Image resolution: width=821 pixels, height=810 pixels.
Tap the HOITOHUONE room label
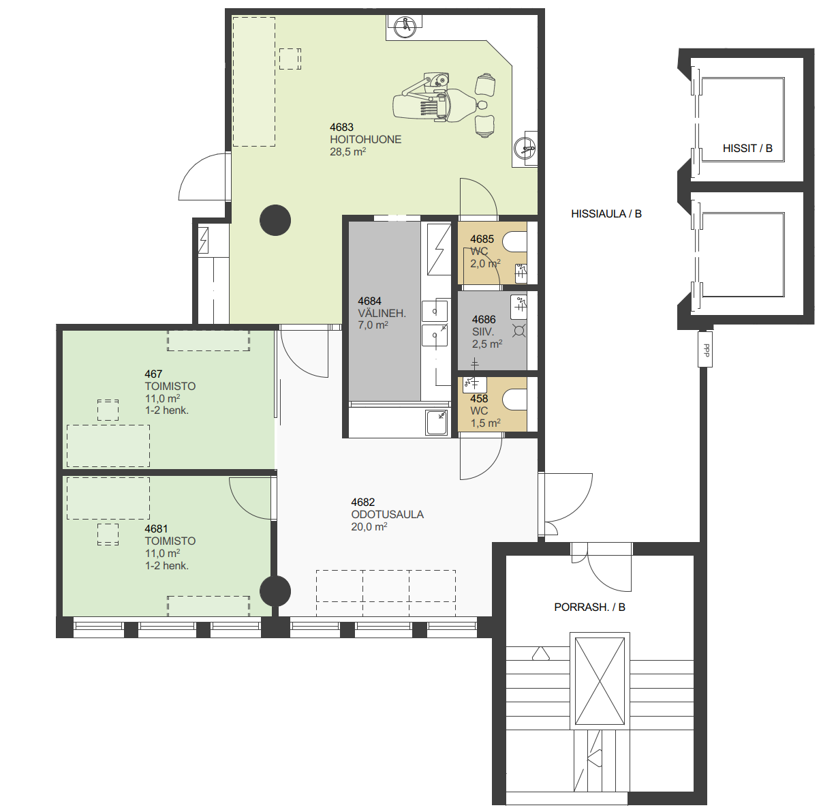point(366,140)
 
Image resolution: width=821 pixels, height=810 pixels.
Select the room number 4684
point(369,301)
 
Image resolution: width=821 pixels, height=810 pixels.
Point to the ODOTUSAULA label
point(387,514)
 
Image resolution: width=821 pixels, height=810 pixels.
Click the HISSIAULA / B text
point(606,213)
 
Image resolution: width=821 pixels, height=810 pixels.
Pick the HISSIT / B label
point(747,149)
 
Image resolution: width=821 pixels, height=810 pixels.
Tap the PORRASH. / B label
point(589,607)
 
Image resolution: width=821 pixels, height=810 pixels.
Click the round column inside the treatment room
point(275,220)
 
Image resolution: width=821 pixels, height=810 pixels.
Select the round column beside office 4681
point(275,591)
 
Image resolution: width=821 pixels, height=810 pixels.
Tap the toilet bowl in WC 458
point(514,400)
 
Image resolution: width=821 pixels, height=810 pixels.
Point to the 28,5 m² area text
point(347,152)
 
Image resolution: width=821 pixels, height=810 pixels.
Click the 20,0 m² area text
point(369,527)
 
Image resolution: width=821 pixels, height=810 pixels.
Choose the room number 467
point(153,374)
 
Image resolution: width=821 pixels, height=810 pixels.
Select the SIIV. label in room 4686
point(482,332)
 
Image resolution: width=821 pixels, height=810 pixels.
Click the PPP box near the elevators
point(705,349)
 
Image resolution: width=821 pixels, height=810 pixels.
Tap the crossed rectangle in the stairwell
point(600,681)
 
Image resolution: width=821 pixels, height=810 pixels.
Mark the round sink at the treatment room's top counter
point(405,27)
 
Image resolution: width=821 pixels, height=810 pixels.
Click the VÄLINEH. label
point(382,313)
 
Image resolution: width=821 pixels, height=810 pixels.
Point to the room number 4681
point(156,529)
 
